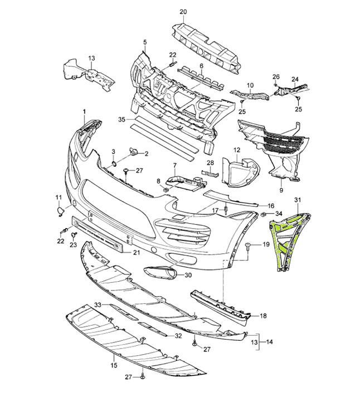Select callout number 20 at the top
click(183, 12)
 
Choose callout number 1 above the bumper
click(85, 112)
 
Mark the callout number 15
click(114, 366)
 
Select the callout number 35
click(122, 119)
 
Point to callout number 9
click(282, 181)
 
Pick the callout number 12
click(236, 150)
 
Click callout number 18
click(263, 316)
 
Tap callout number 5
click(144, 42)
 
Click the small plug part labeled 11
click(60, 210)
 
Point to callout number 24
click(295, 79)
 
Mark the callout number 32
click(178, 336)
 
